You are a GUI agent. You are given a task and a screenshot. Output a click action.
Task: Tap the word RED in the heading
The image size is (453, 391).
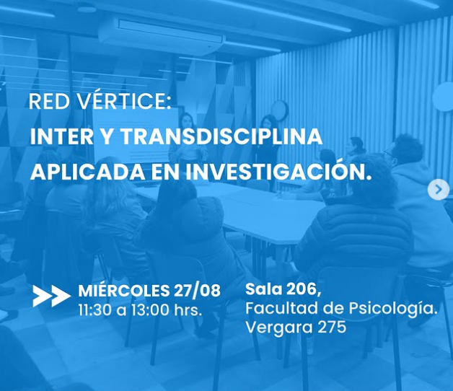click(49, 102)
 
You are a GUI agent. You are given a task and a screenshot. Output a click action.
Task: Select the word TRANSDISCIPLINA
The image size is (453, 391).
click(222, 136)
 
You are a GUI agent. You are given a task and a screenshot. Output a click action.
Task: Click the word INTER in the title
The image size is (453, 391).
click(62, 136)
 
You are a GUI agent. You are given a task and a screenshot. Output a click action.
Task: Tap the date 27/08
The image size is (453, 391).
click(198, 291)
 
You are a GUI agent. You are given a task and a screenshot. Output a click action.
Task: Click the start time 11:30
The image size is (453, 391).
click(94, 310)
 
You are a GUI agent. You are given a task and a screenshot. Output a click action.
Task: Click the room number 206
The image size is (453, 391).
click(304, 289)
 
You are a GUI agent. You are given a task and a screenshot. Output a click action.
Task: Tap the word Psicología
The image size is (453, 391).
click(392, 309)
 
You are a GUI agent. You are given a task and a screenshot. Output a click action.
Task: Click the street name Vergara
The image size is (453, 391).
click(279, 328)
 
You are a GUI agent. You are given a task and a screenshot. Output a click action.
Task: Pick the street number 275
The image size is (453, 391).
click(332, 328)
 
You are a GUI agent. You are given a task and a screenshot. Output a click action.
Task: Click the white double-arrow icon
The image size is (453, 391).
click(51, 296)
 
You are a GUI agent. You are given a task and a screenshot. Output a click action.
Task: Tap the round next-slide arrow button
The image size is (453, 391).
click(439, 190)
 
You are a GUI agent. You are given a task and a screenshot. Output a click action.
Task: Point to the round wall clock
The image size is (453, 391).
click(280, 110)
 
